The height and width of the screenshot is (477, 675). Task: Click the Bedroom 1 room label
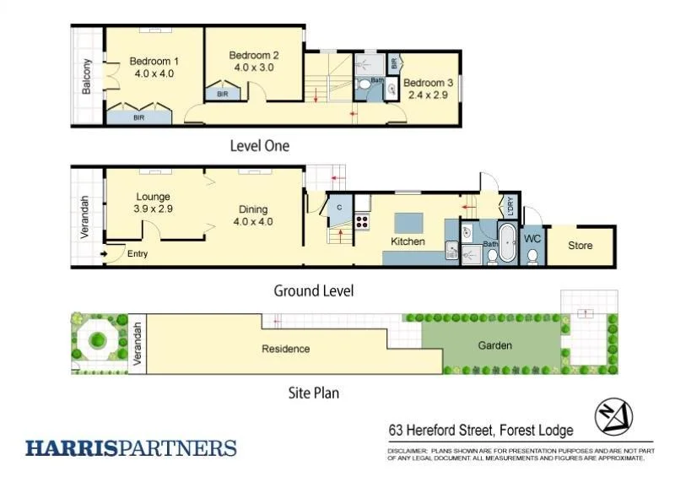[x=154, y=61]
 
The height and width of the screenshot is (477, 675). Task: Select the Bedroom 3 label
[x=428, y=83]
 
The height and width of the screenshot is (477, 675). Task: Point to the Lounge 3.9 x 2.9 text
[x=153, y=208]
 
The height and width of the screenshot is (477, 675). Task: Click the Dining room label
[x=253, y=209]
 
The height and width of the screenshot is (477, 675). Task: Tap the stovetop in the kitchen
[x=363, y=222]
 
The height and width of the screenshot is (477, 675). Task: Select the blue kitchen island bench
[x=408, y=222]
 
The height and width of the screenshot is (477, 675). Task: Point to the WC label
[x=532, y=239]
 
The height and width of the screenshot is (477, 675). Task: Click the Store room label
[x=580, y=246]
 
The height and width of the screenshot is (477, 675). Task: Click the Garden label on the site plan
[x=494, y=345]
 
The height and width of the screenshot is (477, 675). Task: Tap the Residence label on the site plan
[x=285, y=349]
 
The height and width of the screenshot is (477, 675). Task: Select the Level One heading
[x=259, y=146]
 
